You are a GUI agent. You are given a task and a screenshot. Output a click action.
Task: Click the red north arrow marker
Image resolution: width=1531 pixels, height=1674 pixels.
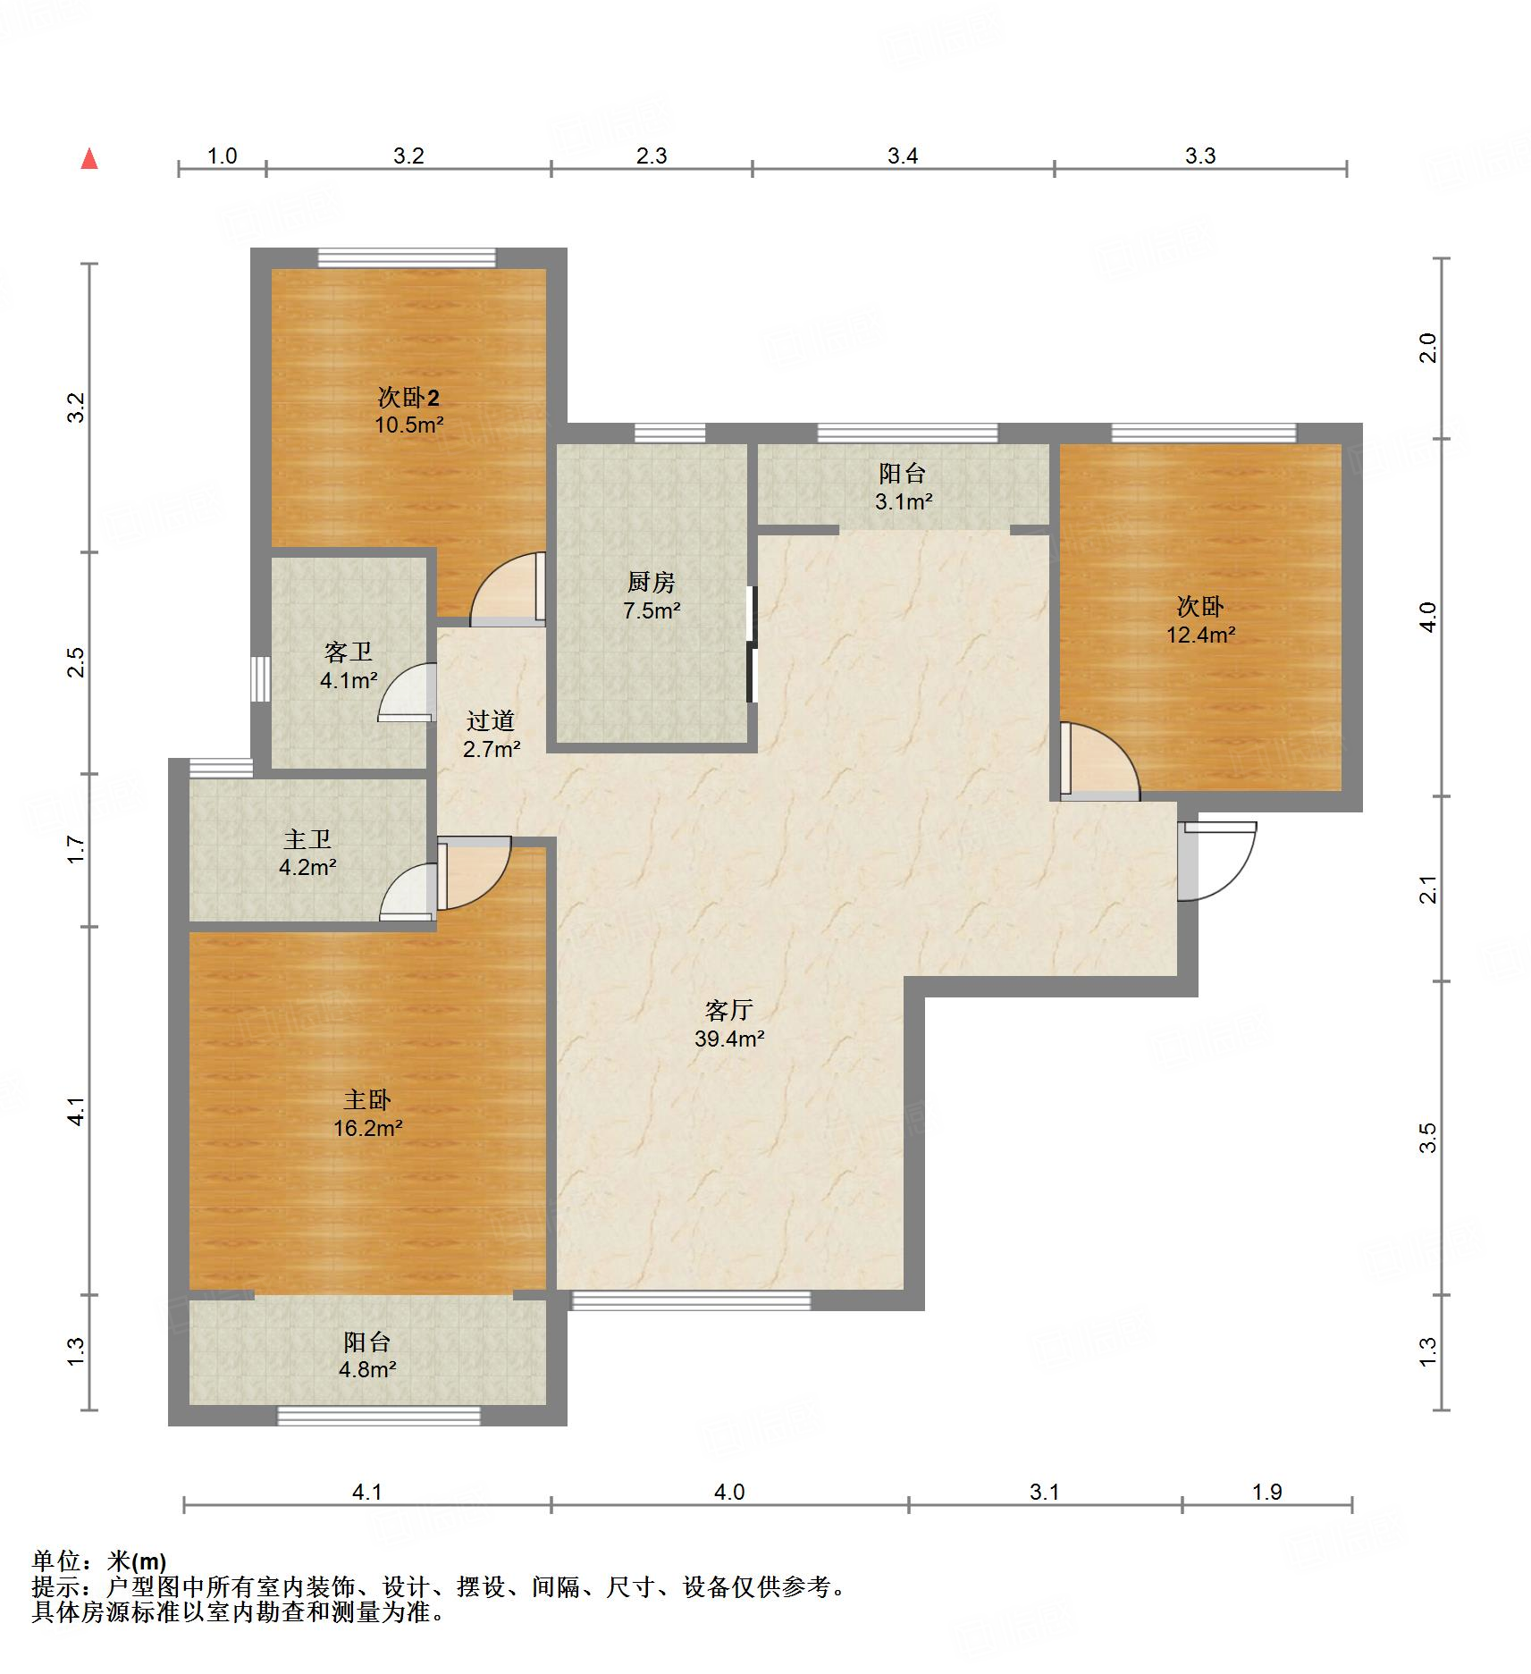point(89,159)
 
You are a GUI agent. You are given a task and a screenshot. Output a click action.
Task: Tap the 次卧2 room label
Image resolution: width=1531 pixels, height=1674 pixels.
point(408,397)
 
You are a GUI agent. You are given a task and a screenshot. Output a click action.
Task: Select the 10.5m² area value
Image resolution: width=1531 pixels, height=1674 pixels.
point(408,425)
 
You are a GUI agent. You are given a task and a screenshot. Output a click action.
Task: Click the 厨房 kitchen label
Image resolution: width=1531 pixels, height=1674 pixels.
point(651,583)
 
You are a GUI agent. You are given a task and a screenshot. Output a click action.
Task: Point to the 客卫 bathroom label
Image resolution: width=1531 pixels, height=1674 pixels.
point(349,652)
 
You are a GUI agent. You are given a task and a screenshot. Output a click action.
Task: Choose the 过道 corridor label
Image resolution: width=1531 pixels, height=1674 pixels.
point(491,720)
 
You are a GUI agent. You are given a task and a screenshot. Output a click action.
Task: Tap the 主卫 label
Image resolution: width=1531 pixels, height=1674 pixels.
point(307,839)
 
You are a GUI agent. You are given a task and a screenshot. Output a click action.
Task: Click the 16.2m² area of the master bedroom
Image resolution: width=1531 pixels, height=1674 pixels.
point(367,1128)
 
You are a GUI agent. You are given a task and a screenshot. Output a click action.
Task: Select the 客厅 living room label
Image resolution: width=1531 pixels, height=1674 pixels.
point(729,1011)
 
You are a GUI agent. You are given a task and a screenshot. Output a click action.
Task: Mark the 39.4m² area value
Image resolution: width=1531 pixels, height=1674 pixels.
point(729,1039)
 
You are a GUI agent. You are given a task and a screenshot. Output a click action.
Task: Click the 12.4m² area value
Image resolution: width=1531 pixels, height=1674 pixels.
point(1200,635)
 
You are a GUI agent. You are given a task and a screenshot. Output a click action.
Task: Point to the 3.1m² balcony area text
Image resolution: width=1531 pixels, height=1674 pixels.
point(904,501)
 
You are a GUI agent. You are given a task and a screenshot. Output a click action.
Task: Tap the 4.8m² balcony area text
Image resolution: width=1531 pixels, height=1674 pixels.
point(367,1368)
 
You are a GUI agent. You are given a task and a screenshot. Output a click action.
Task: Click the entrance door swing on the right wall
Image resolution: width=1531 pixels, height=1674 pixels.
point(1217,861)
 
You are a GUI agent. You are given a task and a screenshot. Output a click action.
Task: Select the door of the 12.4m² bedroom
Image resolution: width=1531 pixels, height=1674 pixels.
point(1100,760)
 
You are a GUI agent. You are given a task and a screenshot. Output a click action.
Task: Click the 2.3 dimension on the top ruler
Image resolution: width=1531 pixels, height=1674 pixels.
point(652,156)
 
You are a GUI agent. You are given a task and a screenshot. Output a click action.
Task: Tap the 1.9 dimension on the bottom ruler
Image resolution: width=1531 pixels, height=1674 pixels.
point(1267,1492)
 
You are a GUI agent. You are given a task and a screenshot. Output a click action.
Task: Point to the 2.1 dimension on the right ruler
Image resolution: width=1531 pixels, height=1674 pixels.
point(1428,890)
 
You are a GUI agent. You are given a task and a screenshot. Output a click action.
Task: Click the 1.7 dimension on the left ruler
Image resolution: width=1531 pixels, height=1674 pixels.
point(77,849)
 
